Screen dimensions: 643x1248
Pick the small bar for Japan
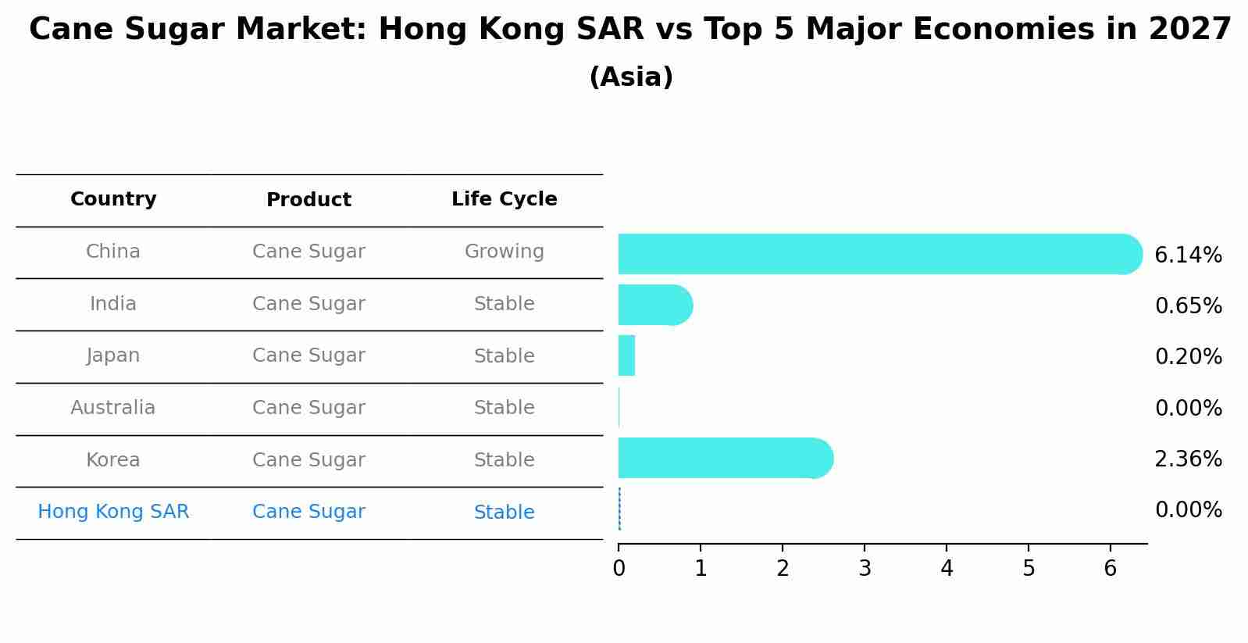tap(626, 355)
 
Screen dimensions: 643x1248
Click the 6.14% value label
tap(1188, 255)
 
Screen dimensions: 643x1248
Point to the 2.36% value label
tap(1188, 459)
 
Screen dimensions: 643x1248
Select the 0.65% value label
tap(1188, 306)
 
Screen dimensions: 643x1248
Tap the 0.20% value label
tap(1188, 357)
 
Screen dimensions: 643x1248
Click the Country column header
tap(113, 199)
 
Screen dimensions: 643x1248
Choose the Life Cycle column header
tap(504, 199)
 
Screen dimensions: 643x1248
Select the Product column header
tap(308, 200)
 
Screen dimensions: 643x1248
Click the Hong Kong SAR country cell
tap(113, 512)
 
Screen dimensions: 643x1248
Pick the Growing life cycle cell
tap(504, 252)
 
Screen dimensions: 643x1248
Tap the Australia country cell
tap(113, 408)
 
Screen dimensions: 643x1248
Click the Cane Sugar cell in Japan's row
tap(308, 355)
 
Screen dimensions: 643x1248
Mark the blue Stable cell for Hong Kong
tap(504, 513)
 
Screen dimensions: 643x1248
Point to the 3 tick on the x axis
tap(865, 569)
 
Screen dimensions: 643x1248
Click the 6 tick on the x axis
tap(1110, 569)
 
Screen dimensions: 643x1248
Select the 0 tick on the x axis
tap(619, 569)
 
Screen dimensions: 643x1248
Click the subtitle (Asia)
tap(631, 77)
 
